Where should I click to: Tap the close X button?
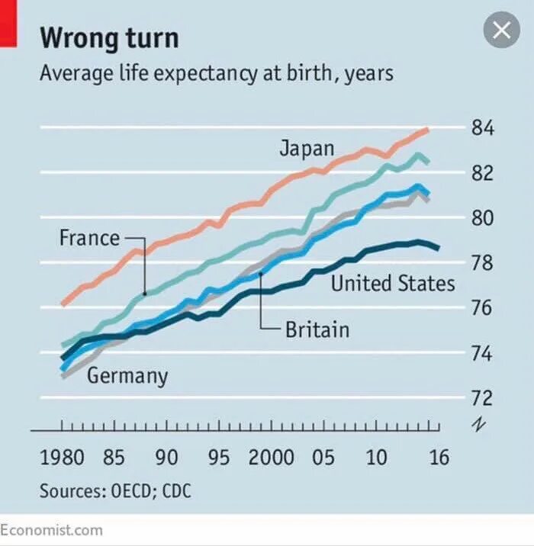click(x=501, y=31)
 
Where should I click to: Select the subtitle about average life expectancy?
click(x=217, y=74)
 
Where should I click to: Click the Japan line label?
click(x=307, y=148)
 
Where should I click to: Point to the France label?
click(x=89, y=238)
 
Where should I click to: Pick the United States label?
click(x=392, y=284)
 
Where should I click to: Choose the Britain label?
click(x=317, y=329)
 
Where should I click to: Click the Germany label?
click(x=127, y=375)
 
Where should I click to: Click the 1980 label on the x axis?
click(x=62, y=458)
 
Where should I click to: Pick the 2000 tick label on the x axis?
click(x=271, y=458)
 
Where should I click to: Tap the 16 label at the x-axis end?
click(x=439, y=458)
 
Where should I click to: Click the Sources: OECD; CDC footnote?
click(x=115, y=491)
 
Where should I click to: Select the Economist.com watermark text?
click(x=52, y=529)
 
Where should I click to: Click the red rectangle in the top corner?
click(x=8, y=23)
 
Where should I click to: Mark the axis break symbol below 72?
click(x=478, y=424)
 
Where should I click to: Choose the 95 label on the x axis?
click(x=219, y=458)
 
